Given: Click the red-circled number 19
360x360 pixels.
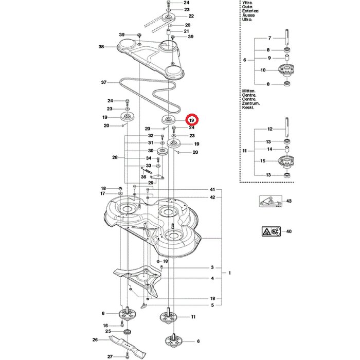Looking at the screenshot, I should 192,119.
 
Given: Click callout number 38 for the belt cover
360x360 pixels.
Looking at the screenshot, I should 101,47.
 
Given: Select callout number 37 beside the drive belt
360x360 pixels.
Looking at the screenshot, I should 103,82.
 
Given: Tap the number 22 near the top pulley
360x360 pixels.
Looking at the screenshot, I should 191,16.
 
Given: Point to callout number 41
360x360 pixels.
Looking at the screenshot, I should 212,189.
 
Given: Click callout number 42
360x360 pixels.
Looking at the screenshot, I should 212,197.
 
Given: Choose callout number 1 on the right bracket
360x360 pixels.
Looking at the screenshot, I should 230,273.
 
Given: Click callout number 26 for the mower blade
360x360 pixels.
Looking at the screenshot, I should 95,339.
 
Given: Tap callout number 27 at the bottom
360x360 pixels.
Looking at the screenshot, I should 110,356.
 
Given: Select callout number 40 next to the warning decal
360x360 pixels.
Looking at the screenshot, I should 289,231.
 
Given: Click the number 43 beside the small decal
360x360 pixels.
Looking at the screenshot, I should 289,201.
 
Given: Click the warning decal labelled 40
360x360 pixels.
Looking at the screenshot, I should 270,231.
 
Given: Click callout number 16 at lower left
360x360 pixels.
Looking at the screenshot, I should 105,326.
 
